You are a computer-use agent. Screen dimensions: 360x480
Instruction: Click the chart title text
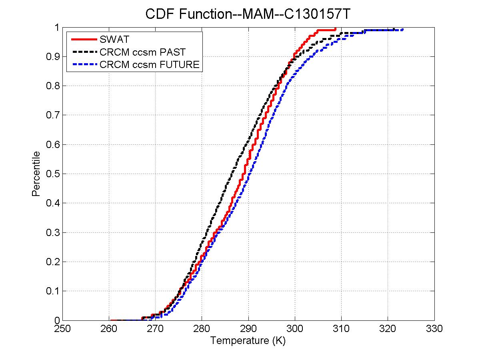tap(248, 14)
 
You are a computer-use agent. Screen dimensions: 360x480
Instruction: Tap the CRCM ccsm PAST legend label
tap(144, 52)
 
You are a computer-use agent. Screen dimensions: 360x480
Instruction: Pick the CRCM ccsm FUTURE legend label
tap(150, 64)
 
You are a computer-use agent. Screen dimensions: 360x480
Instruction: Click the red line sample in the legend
tap(84, 39)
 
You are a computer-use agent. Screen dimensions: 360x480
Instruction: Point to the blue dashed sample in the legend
tap(84, 64)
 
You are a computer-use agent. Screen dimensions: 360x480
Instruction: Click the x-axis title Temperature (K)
tap(248, 341)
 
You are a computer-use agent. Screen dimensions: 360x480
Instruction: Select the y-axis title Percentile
tap(36, 174)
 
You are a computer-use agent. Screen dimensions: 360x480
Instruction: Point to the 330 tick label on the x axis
tap(434, 329)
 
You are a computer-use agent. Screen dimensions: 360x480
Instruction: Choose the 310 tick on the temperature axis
tap(341, 329)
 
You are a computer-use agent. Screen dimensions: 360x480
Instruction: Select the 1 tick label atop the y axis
tap(57, 27)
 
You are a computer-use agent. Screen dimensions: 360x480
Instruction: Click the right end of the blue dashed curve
tap(402, 29)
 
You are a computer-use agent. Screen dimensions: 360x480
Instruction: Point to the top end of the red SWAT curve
tap(336, 28)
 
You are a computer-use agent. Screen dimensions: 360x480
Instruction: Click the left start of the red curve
tap(111, 320)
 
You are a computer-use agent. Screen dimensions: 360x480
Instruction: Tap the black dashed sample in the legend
tap(84, 52)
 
